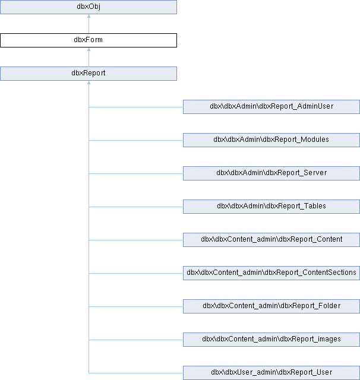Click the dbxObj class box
(x=89, y=7)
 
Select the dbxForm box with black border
(x=89, y=40)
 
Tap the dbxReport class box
(x=89, y=74)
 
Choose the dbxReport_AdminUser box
(x=271, y=107)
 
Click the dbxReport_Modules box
(x=271, y=140)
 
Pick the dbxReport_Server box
(x=271, y=173)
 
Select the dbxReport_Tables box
(x=271, y=207)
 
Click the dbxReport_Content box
(x=271, y=240)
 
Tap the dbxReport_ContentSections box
(x=271, y=273)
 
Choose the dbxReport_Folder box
(x=271, y=306)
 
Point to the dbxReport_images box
(x=271, y=340)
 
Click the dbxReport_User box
(x=271, y=373)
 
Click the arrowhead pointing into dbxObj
(x=89, y=16)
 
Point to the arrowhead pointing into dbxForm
(x=89, y=49)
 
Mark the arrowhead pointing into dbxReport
(x=89, y=83)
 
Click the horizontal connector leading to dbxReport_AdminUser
(x=136, y=107)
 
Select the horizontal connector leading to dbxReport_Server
(x=136, y=173)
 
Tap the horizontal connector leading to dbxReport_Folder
(x=136, y=306)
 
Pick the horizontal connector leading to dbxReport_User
(x=136, y=373)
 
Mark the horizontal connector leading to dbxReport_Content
(x=136, y=240)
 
